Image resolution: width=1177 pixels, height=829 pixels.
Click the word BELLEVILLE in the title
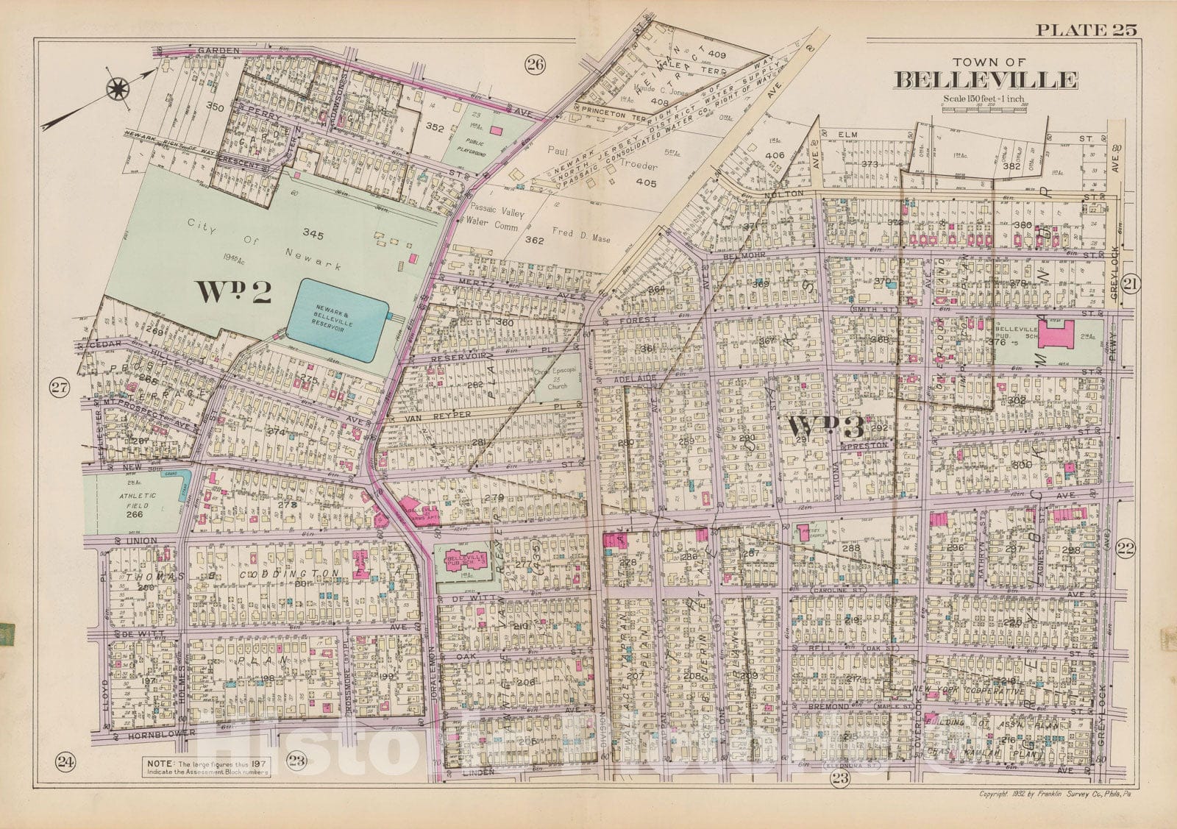(x=986, y=79)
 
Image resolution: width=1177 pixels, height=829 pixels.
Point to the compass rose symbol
(x=117, y=90)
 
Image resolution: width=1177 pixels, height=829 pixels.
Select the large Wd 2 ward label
(x=233, y=292)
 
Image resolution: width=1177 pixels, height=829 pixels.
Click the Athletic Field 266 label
(x=135, y=506)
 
